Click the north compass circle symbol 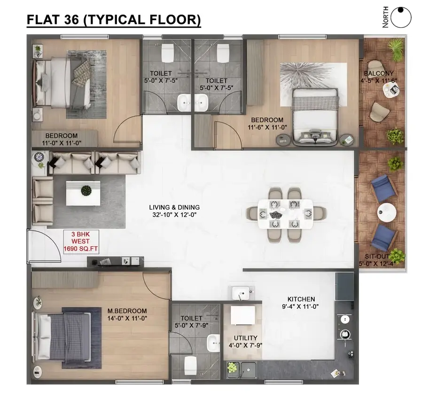(x=401, y=17)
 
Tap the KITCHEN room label (x=301, y=299)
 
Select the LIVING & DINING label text (x=174, y=207)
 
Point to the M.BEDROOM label (x=127, y=311)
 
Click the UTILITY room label (x=245, y=338)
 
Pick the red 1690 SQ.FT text (x=81, y=249)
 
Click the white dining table (x=285, y=214)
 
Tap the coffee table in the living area (x=83, y=193)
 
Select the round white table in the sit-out (x=387, y=212)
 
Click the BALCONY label (x=379, y=73)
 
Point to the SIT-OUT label (x=377, y=257)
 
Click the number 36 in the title (x=72, y=19)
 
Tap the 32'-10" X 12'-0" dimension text (x=174, y=215)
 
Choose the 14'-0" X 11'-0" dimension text (x=127, y=318)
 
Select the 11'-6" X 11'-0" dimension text (x=267, y=127)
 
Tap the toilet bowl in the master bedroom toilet (x=190, y=366)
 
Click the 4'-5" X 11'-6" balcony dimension (x=379, y=81)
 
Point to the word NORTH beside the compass (x=385, y=17)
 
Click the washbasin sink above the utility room (x=241, y=293)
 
